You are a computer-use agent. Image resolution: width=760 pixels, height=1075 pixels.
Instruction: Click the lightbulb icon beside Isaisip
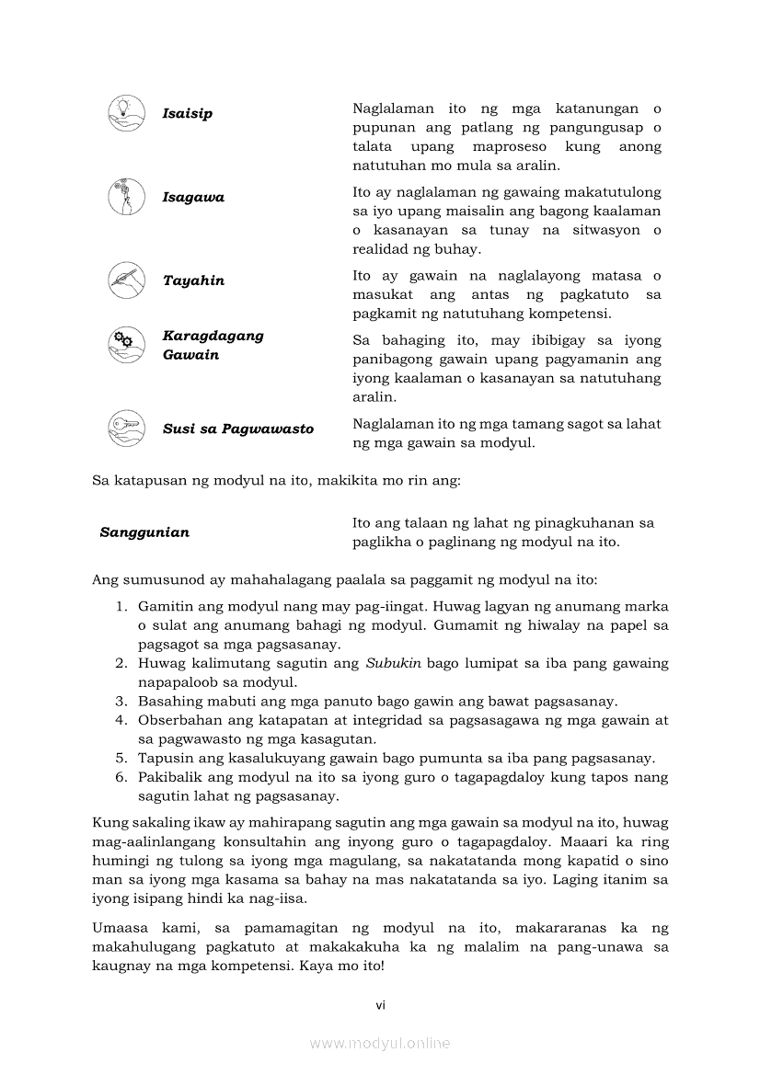click(x=125, y=112)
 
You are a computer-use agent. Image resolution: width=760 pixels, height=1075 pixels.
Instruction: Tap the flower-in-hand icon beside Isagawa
click(x=125, y=197)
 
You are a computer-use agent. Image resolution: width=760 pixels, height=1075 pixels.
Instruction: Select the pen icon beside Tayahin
click(x=125, y=280)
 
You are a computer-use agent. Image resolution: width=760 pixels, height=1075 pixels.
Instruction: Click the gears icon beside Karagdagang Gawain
click(x=125, y=345)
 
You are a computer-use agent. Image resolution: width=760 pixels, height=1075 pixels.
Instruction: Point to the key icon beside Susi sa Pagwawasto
click(x=125, y=427)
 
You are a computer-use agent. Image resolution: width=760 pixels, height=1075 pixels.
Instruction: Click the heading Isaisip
click(x=187, y=114)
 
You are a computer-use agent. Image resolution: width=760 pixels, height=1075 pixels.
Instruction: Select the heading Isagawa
click(x=193, y=198)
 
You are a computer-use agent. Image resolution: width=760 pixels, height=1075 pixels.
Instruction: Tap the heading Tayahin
click(x=193, y=280)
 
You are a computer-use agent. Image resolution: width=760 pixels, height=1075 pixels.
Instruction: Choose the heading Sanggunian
click(x=144, y=532)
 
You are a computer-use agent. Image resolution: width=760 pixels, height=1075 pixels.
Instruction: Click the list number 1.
click(x=120, y=607)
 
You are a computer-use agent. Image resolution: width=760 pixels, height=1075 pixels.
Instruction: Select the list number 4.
click(x=120, y=720)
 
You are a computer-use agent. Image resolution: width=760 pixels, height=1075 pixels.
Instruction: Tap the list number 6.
click(x=120, y=777)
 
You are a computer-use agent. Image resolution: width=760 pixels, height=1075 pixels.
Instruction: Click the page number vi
click(x=380, y=1005)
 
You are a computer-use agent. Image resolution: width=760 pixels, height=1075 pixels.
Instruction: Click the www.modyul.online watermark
click(x=380, y=1044)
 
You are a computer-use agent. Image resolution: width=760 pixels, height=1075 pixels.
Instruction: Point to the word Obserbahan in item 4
click(x=179, y=720)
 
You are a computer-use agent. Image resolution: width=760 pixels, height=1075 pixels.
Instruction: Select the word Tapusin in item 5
click(x=164, y=759)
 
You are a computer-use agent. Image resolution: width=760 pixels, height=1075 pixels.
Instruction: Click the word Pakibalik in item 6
click(x=169, y=777)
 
